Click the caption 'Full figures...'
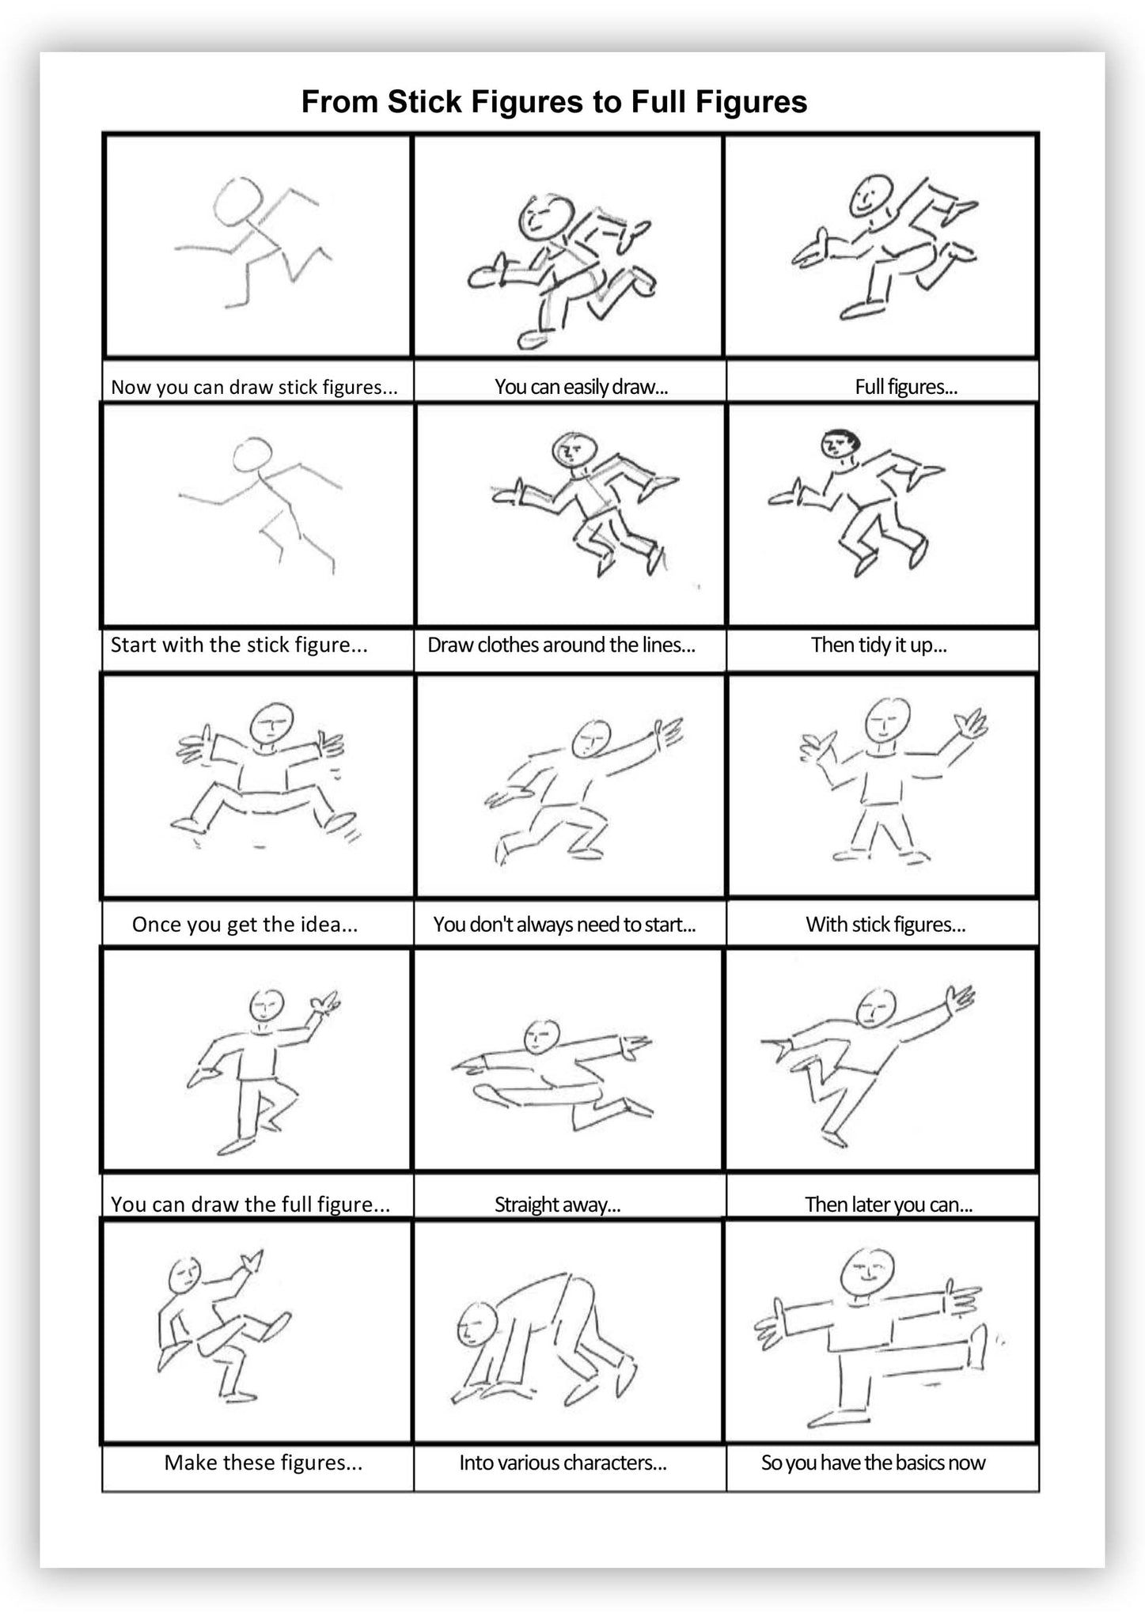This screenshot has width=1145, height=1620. (905, 388)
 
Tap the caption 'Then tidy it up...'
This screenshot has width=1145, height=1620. (878, 645)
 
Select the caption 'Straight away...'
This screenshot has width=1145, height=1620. (557, 1205)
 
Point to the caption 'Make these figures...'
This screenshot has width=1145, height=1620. (263, 1463)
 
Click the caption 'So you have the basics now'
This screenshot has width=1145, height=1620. (873, 1463)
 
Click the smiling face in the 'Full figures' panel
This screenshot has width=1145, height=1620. (870, 194)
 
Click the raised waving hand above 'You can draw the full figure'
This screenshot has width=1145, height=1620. (325, 1005)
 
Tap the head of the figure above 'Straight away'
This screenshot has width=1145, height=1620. (542, 1035)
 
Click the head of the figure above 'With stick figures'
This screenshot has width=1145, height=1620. (887, 718)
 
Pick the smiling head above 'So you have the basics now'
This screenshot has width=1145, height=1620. (866, 1273)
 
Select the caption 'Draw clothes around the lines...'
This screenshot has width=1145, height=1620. (561, 645)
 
